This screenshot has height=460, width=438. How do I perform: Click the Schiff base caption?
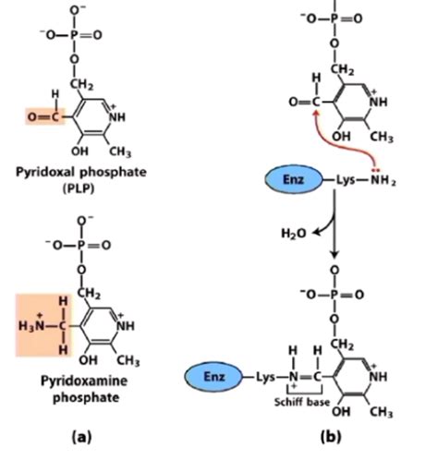[307, 405]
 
